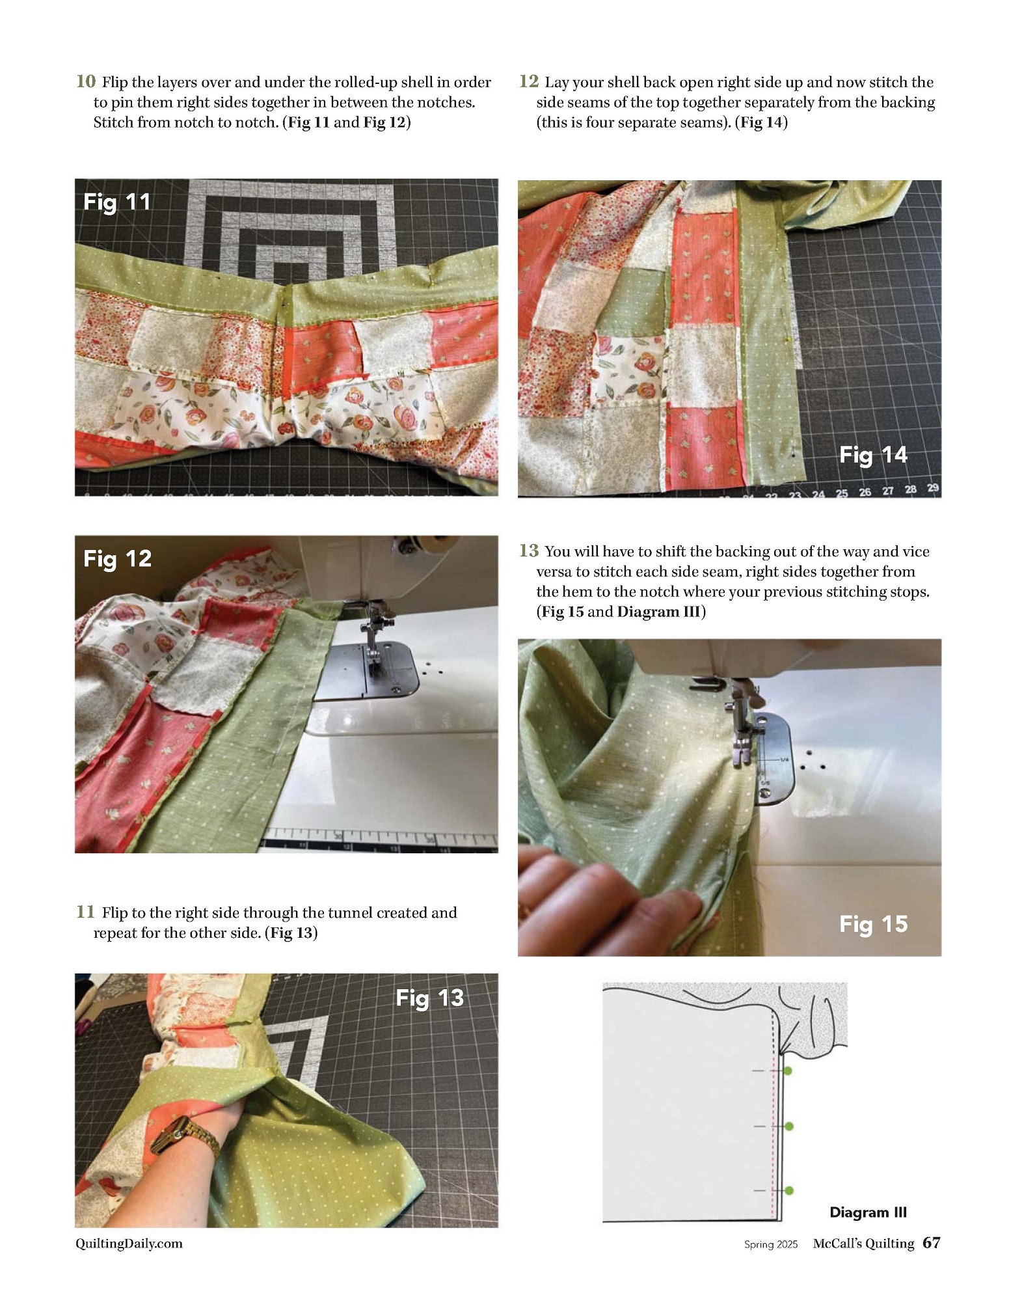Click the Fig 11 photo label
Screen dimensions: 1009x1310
[x=117, y=202]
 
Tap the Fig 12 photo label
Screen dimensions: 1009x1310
[x=118, y=559]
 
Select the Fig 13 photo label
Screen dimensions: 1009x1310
[x=430, y=998]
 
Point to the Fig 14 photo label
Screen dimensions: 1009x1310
[x=873, y=455]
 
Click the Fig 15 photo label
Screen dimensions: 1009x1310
[x=873, y=924]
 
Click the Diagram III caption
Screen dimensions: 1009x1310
[x=868, y=1212]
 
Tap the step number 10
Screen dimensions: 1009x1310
[x=86, y=81]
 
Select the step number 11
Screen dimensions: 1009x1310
[x=85, y=912]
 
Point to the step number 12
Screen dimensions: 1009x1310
[x=529, y=81]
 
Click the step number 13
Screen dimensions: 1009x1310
[x=529, y=551]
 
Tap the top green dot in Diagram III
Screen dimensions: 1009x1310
[x=787, y=1071]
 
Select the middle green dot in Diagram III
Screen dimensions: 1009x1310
[x=788, y=1126]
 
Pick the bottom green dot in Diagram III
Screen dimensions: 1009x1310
[x=789, y=1190]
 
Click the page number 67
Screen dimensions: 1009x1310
[x=932, y=1243]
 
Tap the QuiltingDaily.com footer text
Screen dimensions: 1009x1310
[x=129, y=1244]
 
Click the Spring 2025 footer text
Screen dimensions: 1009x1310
[x=771, y=1244]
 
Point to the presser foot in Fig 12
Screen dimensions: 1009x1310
[x=373, y=638]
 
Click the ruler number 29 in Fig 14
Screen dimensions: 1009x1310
[x=933, y=487]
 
